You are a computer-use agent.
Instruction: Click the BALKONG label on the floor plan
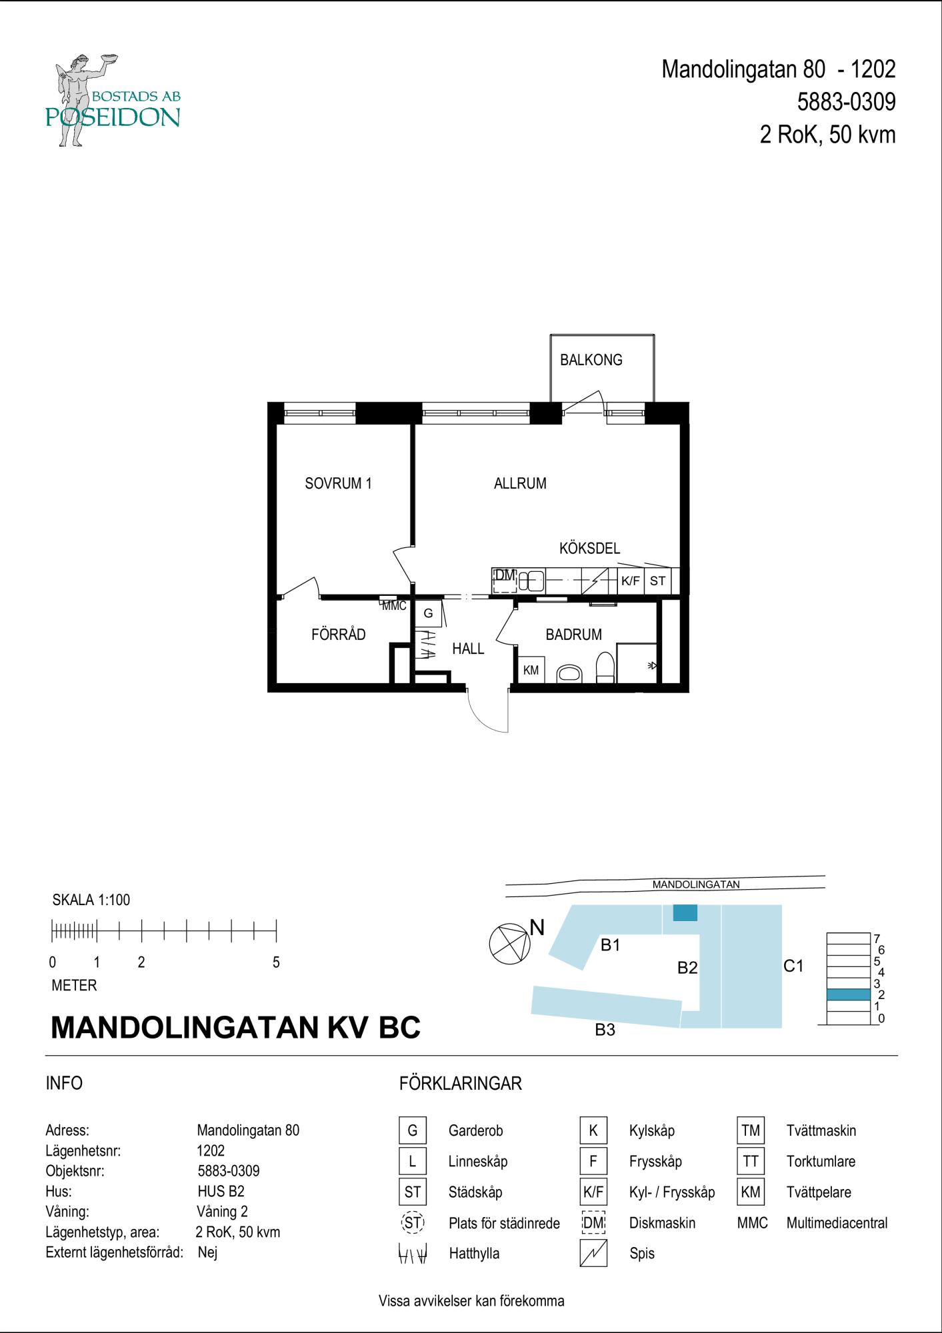tap(591, 360)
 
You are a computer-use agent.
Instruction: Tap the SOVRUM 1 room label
tap(338, 483)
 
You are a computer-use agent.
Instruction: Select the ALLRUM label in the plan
tap(520, 483)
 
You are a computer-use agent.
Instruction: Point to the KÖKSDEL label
tap(589, 548)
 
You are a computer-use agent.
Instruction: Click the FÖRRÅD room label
tap(339, 634)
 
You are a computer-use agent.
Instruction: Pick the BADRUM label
tap(573, 635)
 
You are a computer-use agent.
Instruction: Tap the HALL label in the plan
tap(468, 649)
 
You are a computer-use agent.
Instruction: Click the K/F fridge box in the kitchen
tap(631, 581)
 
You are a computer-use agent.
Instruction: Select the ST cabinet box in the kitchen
tap(658, 581)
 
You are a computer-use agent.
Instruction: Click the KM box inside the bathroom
tap(531, 670)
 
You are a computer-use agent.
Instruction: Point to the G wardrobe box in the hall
tap(428, 613)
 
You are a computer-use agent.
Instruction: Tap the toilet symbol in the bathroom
tap(605, 667)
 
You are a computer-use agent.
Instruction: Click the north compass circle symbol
tap(509, 944)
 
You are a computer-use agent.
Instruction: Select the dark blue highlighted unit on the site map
tap(685, 912)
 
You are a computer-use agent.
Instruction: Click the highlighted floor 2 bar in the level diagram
tap(849, 994)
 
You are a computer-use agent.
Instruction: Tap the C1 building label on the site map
tap(793, 966)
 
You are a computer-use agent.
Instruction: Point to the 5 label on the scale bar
tap(276, 962)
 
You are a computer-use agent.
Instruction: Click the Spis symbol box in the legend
tap(593, 1253)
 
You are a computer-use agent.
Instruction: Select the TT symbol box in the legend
tap(751, 1161)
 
